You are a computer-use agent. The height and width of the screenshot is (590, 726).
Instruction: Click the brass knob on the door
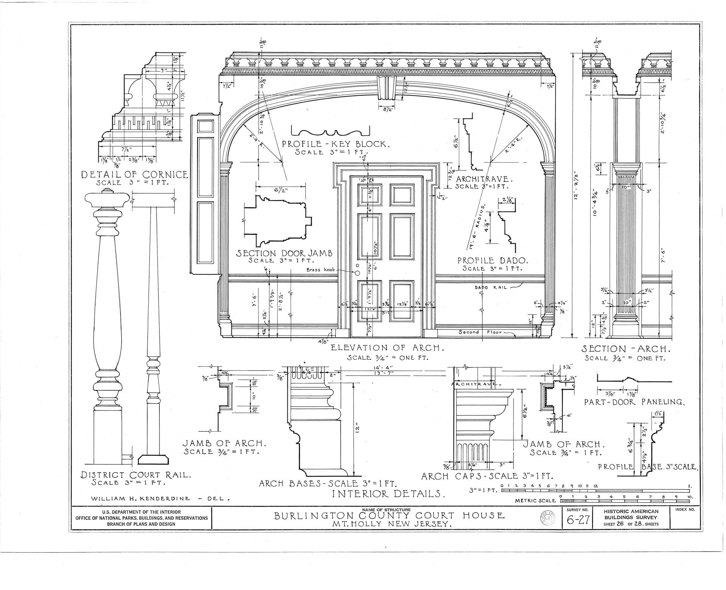(357, 273)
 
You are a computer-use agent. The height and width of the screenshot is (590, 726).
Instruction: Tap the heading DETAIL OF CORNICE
(135, 174)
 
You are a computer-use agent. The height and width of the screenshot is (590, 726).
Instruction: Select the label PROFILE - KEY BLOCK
(335, 144)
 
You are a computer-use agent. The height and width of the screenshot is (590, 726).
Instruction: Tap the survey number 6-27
(578, 520)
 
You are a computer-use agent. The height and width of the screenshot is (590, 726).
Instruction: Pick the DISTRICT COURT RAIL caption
(135, 475)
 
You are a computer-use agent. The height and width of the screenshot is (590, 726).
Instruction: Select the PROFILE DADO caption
(492, 261)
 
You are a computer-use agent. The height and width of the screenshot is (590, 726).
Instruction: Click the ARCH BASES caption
(327, 483)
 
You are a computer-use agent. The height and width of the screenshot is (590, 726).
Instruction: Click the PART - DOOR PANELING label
(634, 402)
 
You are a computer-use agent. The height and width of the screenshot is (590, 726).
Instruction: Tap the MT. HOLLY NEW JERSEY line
(392, 525)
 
